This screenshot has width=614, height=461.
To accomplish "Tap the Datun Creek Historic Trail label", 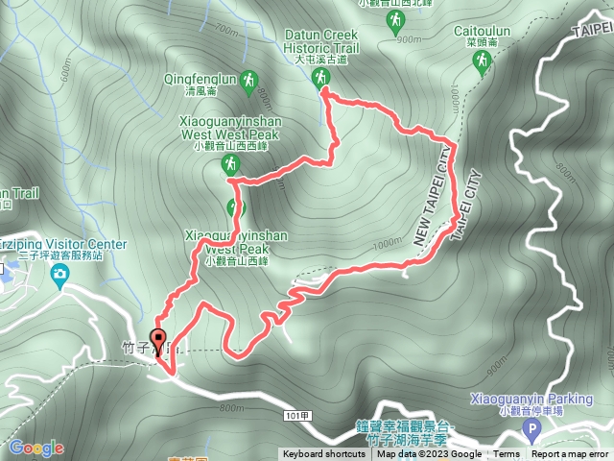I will pyautogui.click(x=322, y=41).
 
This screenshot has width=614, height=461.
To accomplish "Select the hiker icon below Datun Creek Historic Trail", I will pyautogui.click(x=322, y=77).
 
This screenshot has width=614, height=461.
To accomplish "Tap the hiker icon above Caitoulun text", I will pyautogui.click(x=481, y=63).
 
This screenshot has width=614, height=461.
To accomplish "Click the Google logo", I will pyautogui.click(x=36, y=448).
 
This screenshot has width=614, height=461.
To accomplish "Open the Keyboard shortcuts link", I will pyautogui.click(x=323, y=454).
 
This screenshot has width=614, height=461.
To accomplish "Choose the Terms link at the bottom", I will pyautogui.click(x=507, y=454).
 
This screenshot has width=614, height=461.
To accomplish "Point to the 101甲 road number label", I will pyautogui.click(x=298, y=415).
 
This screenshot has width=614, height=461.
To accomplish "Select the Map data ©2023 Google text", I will pyautogui.click(x=429, y=454).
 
